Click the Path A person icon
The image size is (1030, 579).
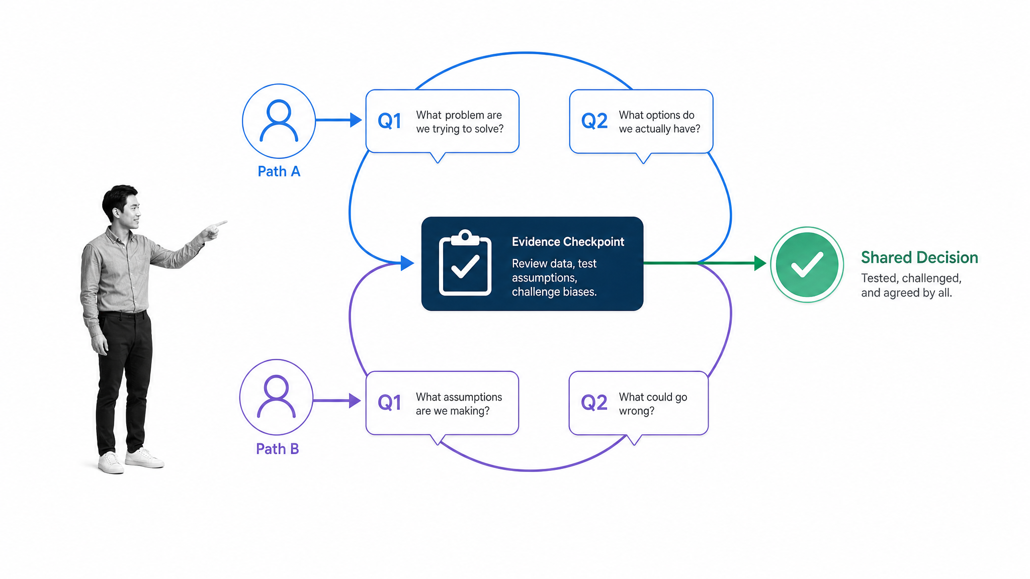tap(279, 121)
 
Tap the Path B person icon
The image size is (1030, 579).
tap(276, 397)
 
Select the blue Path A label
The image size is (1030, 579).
tap(279, 171)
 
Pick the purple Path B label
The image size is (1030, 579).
tap(277, 449)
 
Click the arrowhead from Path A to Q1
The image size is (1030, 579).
tap(356, 120)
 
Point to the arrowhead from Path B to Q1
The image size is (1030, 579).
tap(355, 401)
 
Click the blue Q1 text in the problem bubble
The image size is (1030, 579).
tap(390, 121)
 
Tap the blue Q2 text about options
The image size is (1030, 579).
tap(594, 121)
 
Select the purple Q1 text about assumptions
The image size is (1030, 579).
tap(390, 403)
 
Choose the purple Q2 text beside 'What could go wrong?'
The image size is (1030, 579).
tap(594, 403)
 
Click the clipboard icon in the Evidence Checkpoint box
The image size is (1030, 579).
tap(465, 263)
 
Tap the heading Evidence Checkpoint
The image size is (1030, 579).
tap(568, 242)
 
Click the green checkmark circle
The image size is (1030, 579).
tap(807, 264)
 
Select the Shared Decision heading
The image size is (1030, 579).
tap(919, 257)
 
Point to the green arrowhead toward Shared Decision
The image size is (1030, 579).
tap(760, 263)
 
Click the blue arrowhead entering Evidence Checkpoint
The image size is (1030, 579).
tap(407, 263)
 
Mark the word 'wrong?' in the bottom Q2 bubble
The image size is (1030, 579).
tap(637, 411)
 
